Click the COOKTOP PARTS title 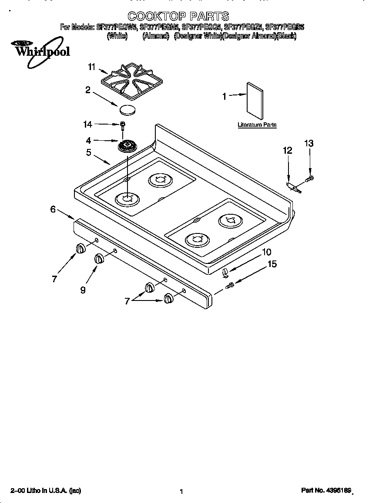pyautogui.click(x=178, y=17)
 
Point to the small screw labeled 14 pyautogui.click(x=123, y=125)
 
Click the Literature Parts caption pyautogui.click(x=257, y=125)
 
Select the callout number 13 pyautogui.click(x=309, y=143)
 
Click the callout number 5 pyautogui.click(x=88, y=152)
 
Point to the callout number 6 pyautogui.click(x=53, y=209)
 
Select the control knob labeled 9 pyautogui.click(x=99, y=258)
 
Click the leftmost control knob pyautogui.click(x=80, y=248)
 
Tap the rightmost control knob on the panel pyautogui.click(x=168, y=298)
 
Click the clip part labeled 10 pyautogui.click(x=225, y=273)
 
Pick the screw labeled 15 pyautogui.click(x=231, y=285)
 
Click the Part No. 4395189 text pyautogui.click(x=326, y=490)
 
